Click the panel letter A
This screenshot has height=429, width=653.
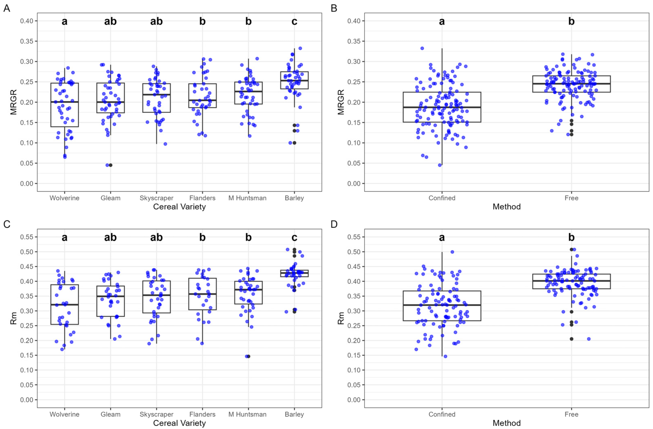pyautogui.click(x=7, y=9)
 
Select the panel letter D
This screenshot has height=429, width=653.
pyautogui.click(x=334, y=224)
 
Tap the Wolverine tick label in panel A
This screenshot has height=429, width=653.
pyautogui.click(x=64, y=198)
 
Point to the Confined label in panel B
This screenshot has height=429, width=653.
pyautogui.click(x=442, y=198)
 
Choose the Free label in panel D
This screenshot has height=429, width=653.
pyautogui.click(x=571, y=414)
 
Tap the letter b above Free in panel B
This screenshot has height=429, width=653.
pyautogui.click(x=571, y=21)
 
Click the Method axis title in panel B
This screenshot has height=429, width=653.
pyautogui.click(x=506, y=207)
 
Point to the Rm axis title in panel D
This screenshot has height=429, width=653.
pyautogui.click(x=341, y=318)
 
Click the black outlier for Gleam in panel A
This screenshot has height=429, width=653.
pyautogui.click(x=111, y=165)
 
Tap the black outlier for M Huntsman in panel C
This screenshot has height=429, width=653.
pyautogui.click(x=249, y=356)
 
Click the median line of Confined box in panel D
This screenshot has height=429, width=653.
pyautogui.click(x=442, y=305)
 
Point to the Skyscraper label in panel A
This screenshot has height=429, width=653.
pyautogui.click(x=156, y=198)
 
